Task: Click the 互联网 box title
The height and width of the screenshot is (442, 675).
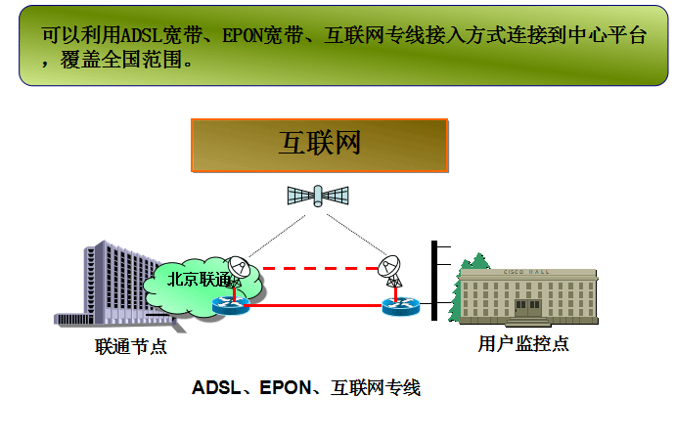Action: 320,144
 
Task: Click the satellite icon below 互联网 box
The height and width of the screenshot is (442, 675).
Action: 318,195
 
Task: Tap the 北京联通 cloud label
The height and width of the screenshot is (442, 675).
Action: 199,279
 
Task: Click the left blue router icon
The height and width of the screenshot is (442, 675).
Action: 231,304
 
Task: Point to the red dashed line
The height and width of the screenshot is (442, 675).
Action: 315,267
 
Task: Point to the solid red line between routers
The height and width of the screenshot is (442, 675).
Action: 315,306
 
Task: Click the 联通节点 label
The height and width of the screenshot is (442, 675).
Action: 130,345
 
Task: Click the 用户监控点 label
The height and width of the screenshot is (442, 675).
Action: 523,342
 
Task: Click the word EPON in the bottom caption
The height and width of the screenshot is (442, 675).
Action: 284,388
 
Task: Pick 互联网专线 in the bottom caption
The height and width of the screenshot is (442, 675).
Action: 376,388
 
